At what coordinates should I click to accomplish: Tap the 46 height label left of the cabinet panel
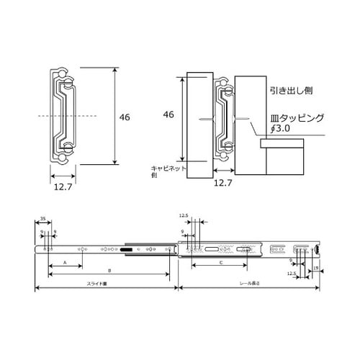[168, 114]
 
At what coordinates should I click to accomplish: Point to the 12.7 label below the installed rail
[223, 183]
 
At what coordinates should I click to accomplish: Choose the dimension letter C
[220, 264]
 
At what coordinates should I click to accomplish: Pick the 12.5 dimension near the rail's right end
[292, 274]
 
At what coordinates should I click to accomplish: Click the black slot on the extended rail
[127, 249]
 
